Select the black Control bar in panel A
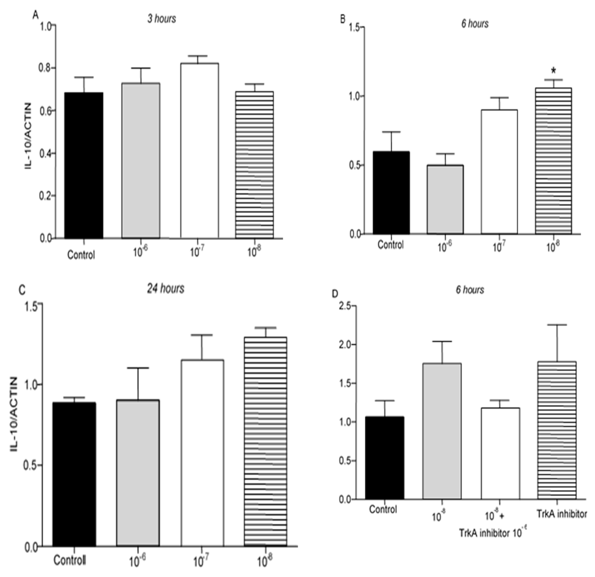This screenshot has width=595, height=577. [x=83, y=165]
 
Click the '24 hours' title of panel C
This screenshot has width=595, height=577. [x=166, y=289]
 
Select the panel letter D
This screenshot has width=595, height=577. [x=335, y=294]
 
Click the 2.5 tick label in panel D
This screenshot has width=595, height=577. [x=345, y=306]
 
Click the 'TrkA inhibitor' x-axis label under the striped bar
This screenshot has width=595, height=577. [x=562, y=514]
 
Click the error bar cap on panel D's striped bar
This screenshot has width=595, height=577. [x=557, y=325]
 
